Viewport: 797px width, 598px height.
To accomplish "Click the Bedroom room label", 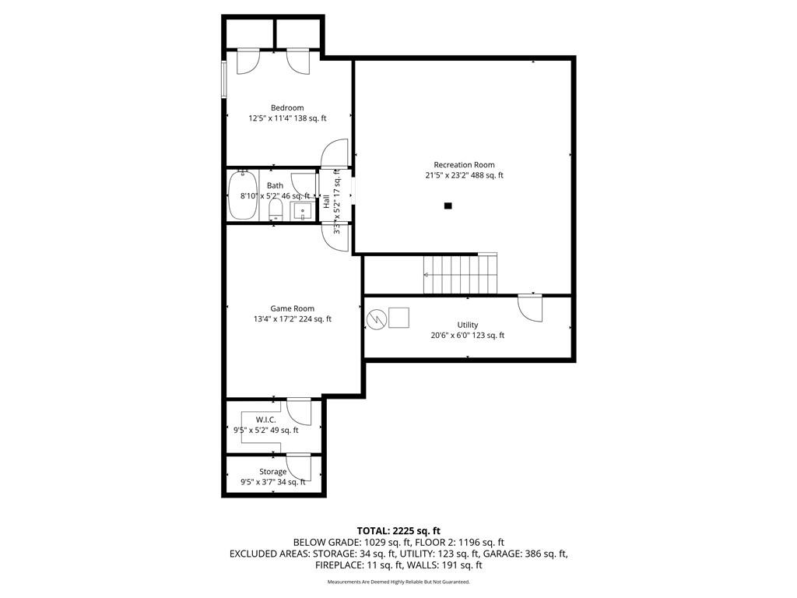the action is tap(287, 107).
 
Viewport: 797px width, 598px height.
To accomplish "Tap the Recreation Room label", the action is tap(464, 165).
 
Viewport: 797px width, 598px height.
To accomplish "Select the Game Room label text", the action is tap(293, 308).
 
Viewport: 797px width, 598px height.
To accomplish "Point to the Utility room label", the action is tap(468, 325).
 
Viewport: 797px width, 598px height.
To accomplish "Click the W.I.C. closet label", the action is tap(266, 420).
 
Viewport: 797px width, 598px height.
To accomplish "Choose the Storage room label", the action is tap(273, 471).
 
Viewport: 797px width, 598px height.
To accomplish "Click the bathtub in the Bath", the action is tap(243, 195).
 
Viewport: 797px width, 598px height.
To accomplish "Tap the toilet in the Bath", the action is tap(276, 209).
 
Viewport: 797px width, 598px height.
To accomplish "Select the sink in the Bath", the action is tap(303, 211).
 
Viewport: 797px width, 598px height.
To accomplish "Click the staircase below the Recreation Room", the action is tap(461, 275).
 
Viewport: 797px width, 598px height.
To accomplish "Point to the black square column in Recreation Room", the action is tap(448, 206).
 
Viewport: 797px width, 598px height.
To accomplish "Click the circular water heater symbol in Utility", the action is tap(377, 318).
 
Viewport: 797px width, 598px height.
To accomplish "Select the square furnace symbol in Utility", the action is tap(399, 318).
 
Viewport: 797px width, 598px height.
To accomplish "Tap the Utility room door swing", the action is tap(531, 308).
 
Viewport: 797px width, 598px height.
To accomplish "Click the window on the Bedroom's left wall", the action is tap(223, 79).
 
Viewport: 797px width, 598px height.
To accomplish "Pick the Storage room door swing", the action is tap(299, 467).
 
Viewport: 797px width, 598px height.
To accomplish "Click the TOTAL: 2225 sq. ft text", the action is tap(398, 531).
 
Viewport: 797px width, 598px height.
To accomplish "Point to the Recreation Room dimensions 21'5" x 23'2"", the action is tap(444, 175).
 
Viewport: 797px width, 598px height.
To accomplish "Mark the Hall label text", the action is tap(326, 202).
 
